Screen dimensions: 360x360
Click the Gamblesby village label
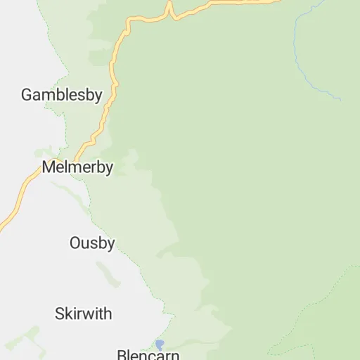coord(62,95)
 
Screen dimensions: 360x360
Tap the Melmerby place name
coord(77,168)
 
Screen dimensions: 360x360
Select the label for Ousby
coord(92,243)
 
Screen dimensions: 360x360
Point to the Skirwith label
coord(83,314)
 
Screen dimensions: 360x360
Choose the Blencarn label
coord(148,354)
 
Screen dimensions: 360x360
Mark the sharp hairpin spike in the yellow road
coord(169,7)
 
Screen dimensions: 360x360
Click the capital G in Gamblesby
coord(27,95)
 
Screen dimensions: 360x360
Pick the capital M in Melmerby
coord(49,168)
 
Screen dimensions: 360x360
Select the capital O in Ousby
coord(75,243)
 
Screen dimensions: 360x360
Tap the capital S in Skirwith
coord(60,314)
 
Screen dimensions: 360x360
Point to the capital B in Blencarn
coord(121,354)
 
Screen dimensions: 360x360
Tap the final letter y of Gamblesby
coord(99,96)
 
